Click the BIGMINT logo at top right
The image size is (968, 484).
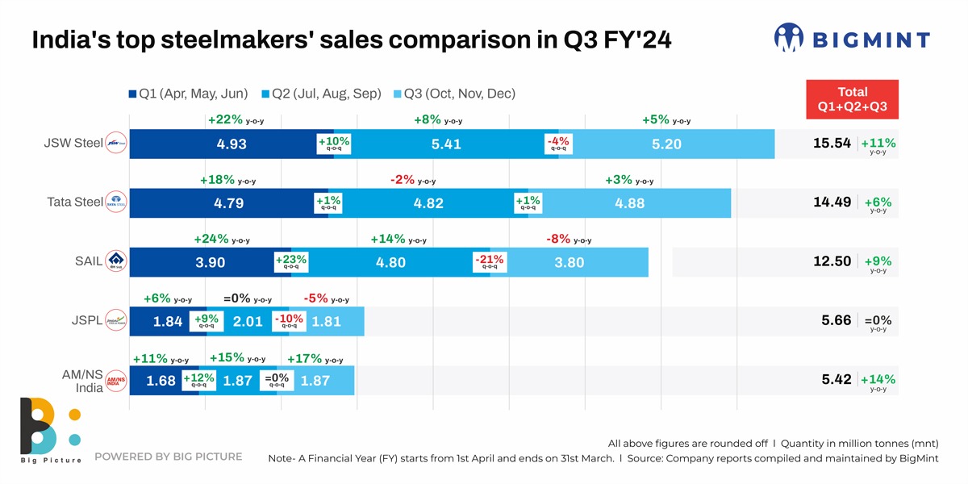(x=852, y=38)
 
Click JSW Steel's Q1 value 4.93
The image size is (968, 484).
(x=232, y=144)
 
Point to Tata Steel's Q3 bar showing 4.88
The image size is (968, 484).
(x=629, y=203)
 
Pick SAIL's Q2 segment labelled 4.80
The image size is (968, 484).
(x=390, y=262)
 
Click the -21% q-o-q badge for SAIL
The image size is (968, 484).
(x=490, y=261)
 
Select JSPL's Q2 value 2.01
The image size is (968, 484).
(x=248, y=321)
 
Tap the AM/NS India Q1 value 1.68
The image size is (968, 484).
(x=161, y=381)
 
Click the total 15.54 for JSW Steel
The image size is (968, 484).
(x=833, y=144)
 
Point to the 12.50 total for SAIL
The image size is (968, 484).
(x=833, y=261)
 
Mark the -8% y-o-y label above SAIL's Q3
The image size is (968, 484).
(x=569, y=239)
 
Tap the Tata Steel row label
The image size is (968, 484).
(x=75, y=202)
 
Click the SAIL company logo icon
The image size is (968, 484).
(x=117, y=261)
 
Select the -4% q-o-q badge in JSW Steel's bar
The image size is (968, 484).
(x=558, y=144)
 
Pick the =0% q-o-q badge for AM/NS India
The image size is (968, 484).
(x=277, y=380)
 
